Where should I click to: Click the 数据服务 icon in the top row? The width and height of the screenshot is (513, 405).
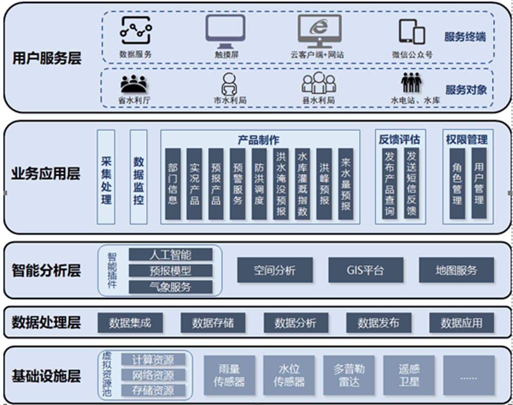(136, 32)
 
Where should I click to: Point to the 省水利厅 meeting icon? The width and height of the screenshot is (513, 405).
(133, 84)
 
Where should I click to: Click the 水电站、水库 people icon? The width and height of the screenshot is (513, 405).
(411, 83)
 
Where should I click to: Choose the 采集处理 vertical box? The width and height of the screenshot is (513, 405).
(106, 177)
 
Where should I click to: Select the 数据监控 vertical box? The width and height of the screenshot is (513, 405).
(139, 177)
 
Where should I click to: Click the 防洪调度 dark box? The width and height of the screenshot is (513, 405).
(259, 184)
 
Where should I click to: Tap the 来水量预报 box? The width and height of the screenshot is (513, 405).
(346, 184)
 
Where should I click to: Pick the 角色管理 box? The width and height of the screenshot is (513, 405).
(457, 184)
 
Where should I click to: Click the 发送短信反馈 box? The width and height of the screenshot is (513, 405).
(412, 183)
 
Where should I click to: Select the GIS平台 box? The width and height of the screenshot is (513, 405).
(366, 270)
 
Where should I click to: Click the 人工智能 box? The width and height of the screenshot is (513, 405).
(170, 255)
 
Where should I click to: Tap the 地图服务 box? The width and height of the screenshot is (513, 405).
(457, 270)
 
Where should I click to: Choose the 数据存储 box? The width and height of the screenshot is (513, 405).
(213, 323)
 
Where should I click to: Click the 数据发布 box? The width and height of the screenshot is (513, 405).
(378, 323)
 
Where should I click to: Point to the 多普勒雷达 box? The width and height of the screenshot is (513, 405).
(349, 375)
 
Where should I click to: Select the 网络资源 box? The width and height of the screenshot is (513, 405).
(153, 375)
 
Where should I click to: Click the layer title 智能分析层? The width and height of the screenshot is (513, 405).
(46, 271)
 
